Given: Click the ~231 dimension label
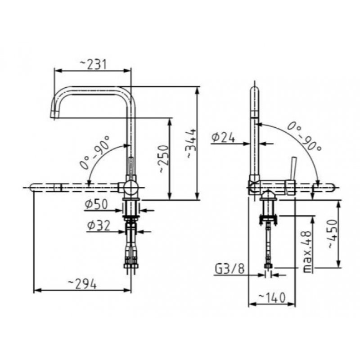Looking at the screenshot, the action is pos(93,64).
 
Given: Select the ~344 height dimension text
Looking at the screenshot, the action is pos(191,144).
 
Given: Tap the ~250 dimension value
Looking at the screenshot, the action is pos(164,159).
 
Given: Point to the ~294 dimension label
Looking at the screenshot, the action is pos(83,284).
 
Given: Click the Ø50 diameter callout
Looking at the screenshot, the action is pos(96,204).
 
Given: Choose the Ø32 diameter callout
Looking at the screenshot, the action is pos(99,226).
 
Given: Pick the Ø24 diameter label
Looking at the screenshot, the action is pos(223,138).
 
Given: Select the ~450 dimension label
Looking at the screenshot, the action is pos(333,234).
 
